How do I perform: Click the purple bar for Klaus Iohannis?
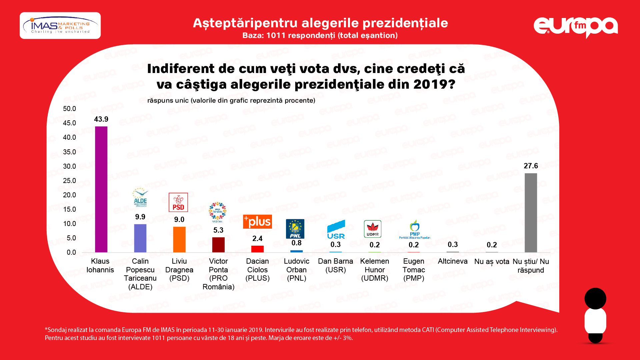coord(101,189)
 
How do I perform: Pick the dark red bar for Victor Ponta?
coord(218,245)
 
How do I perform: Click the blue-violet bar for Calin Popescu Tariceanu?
coord(140,238)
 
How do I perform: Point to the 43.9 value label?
coord(101,119)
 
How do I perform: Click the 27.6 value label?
coord(531,166)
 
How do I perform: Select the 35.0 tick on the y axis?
coord(69,152)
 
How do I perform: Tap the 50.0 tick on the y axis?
coord(69,109)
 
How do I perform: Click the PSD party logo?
coord(178,202)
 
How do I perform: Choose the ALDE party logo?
coord(140,197)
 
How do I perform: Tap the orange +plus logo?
coord(257,222)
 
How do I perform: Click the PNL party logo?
coord(295,229)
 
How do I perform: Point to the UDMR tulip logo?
coord(373,229)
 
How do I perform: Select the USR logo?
coord(336,230)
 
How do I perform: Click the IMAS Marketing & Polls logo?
coord(60,26)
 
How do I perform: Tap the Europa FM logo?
coord(576,27)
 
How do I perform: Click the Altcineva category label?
coord(453,261)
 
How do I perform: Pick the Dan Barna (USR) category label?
coord(335,265)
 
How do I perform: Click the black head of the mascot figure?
coord(595,298)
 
